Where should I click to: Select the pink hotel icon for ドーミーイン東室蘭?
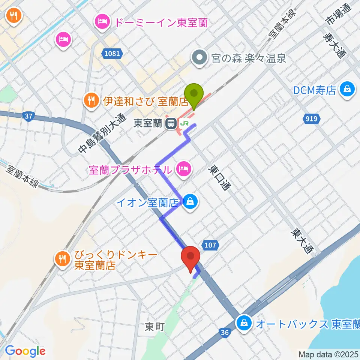point(103,21)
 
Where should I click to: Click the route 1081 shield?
point(112,54)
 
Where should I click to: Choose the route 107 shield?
point(211,245)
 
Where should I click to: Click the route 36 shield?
point(225,332)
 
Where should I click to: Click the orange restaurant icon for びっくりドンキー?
point(62,259)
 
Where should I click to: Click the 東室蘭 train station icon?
point(172,123)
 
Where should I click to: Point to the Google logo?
point(25,351)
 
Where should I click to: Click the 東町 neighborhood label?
point(155,327)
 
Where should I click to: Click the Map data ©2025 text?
point(328,354)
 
